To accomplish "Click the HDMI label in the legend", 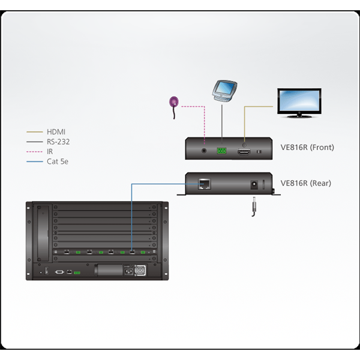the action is coord(56,132).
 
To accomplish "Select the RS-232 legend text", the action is coord(58,142).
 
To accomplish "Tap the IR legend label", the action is coord(50,152).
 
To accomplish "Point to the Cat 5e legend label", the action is coord(58,161).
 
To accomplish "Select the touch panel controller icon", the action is coord(224,91).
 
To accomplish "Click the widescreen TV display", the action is coord(299,103).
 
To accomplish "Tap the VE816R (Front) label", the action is coord(307,147).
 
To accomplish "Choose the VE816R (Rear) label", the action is coord(306,183).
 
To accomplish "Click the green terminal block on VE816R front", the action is coord(221,151).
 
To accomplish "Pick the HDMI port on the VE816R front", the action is coord(244,152).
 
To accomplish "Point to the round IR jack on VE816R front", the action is coord(204,151).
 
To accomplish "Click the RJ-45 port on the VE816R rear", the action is coord(205,184).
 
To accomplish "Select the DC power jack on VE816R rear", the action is coord(254,185).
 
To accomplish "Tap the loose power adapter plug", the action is coord(254,206).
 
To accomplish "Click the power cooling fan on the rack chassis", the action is coord(140,271).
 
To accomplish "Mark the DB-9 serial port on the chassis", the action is coord(59,272).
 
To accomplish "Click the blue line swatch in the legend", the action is coord(35,161).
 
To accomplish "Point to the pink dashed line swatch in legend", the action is coord(35,152).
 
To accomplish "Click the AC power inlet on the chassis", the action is coord(128,272).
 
